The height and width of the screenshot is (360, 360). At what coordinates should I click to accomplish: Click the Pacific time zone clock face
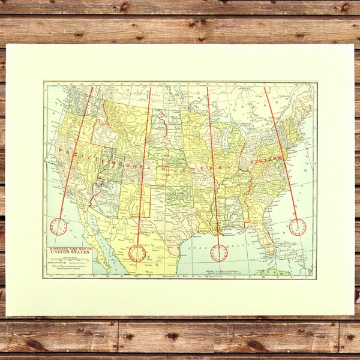pos(59,227)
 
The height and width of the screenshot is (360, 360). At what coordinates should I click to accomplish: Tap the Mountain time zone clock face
pos(137,253)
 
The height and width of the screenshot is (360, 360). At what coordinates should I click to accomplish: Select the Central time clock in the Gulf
pos(219,253)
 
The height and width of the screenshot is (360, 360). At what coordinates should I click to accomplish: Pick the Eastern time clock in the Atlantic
pos(297,227)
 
